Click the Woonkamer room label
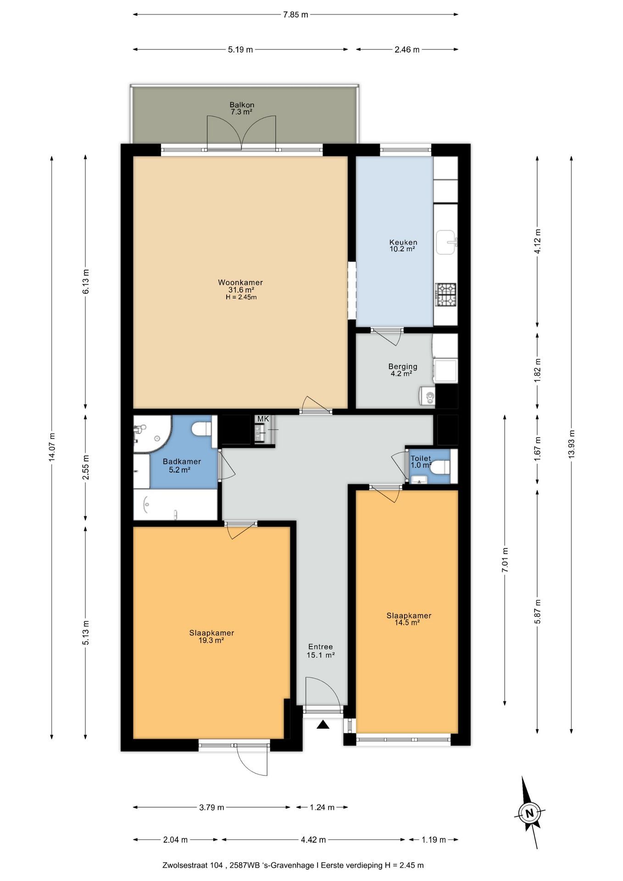(x=240, y=283)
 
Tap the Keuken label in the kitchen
(x=403, y=242)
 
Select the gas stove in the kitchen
(x=446, y=294)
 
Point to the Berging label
(x=403, y=367)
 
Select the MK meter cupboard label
(x=263, y=419)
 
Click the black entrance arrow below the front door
(x=323, y=725)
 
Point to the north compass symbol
(x=529, y=814)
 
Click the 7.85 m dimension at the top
(x=295, y=15)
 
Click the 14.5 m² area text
(x=407, y=623)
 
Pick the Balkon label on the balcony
(x=242, y=105)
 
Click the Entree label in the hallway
(x=320, y=647)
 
